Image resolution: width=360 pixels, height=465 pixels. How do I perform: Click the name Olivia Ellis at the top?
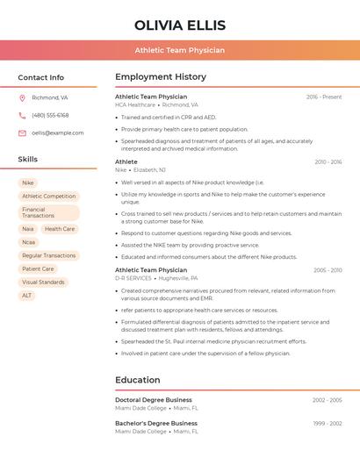click(180, 25)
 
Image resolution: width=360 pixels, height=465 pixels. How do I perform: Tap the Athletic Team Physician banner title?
click(180, 50)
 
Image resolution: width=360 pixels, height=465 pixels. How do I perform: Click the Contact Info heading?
click(40, 77)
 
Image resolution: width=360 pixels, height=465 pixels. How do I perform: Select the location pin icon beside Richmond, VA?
click(22, 97)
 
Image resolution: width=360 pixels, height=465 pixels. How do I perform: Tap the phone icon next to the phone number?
click(22, 115)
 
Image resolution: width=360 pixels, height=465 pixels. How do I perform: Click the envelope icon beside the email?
click(22, 132)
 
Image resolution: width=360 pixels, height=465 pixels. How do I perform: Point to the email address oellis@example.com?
click(57, 132)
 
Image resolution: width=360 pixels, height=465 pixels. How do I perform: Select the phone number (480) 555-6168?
click(50, 115)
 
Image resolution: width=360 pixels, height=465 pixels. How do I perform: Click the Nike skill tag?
click(28, 182)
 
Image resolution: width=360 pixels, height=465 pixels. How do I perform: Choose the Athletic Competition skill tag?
click(48, 197)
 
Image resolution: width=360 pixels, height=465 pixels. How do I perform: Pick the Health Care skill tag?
click(60, 229)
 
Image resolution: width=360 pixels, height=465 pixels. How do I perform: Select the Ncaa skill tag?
click(29, 242)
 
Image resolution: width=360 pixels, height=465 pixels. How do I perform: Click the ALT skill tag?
click(27, 296)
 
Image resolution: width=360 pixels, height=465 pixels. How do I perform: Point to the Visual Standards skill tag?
click(43, 283)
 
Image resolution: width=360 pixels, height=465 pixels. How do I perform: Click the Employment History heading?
click(161, 77)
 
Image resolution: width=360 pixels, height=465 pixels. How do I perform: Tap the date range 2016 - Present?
click(324, 97)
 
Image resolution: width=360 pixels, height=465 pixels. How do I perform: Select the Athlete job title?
click(126, 161)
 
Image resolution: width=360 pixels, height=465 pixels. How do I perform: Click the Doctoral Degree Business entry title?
click(154, 400)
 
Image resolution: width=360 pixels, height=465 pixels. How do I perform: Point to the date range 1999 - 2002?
click(327, 424)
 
